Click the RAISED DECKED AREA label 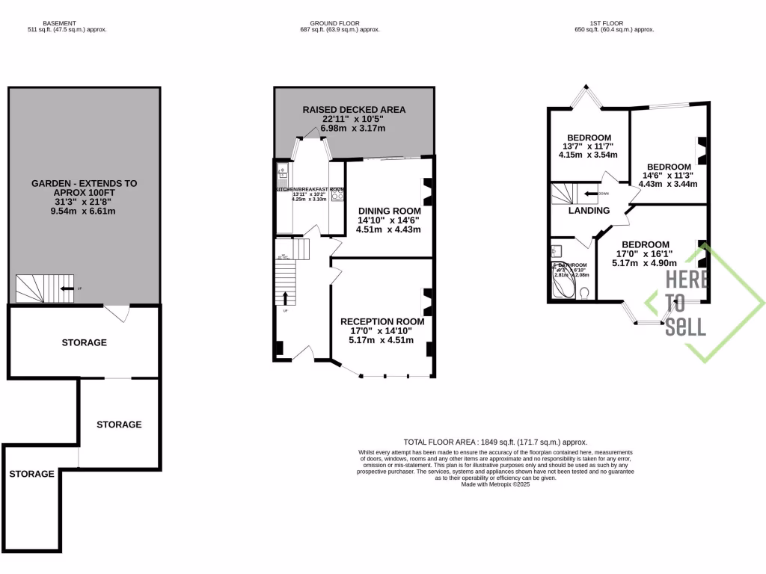pos(354,110)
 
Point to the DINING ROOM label pos(388,211)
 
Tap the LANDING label pos(589,211)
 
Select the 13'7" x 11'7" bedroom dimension pos(587,146)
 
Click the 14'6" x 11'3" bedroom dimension pos(669,176)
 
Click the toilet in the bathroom pos(585,291)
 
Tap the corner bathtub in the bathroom pos(563,284)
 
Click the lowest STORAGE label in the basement pos(31,474)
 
